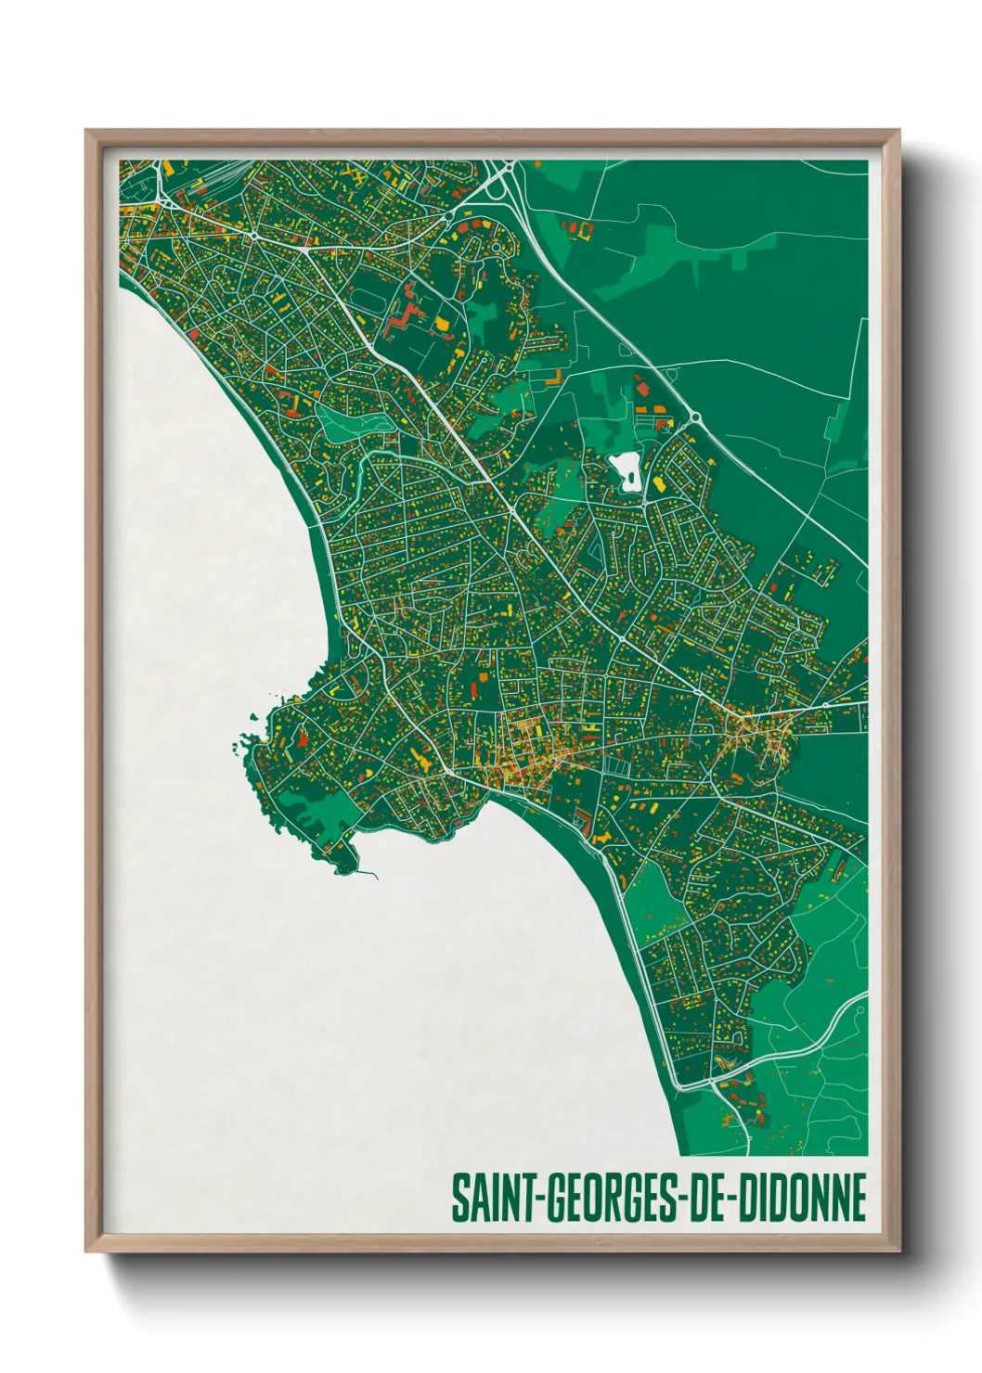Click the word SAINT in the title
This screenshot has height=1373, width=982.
[x=490, y=1198]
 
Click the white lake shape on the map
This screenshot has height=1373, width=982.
[x=628, y=471]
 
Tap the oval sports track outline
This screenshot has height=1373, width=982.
[x=368, y=299]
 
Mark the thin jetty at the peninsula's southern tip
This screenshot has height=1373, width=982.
[x=367, y=873]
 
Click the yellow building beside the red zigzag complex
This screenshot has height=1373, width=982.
[x=442, y=323]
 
